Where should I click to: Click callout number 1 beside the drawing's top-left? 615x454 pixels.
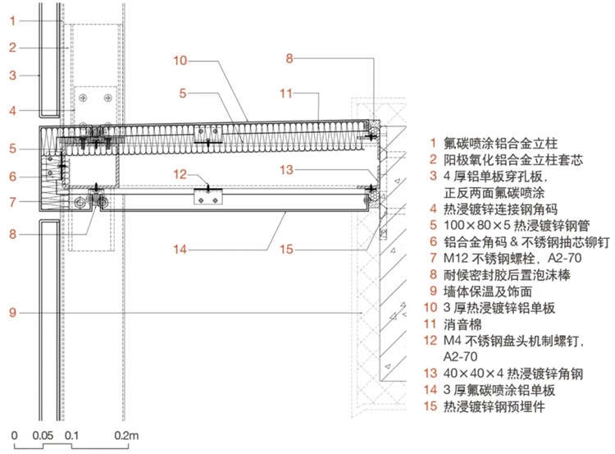pos(14,20)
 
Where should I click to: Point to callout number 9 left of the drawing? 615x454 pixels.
pos(14,313)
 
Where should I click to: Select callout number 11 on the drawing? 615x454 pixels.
pos(285,94)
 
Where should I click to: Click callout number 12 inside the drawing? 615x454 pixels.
pos(180,173)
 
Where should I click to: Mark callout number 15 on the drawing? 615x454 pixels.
pos(285,248)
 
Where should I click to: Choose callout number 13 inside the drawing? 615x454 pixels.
pos(285,170)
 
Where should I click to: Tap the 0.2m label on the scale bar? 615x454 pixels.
pos(128,434)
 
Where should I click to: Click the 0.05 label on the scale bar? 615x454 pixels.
pos(45,434)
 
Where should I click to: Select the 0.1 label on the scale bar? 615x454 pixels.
pos(72,434)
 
